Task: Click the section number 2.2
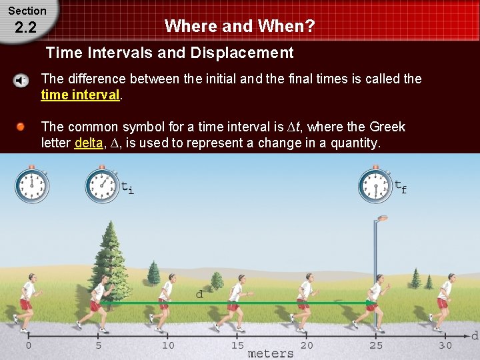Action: coord(25,27)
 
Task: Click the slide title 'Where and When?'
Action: coord(239,26)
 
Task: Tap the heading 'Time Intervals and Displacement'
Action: coord(169,53)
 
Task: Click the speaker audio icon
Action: coord(21,81)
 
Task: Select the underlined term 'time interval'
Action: coord(80,95)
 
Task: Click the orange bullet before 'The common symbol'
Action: coord(21,127)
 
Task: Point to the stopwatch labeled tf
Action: coord(375,185)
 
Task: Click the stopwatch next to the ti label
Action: coord(102,185)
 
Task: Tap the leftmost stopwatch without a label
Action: coord(31,185)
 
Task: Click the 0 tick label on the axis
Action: coord(28,345)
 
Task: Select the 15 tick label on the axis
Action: coord(237,345)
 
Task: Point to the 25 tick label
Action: coord(376,345)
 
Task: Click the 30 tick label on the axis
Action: coord(445,345)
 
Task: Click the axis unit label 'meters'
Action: coord(270,353)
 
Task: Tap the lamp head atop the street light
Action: coord(382,219)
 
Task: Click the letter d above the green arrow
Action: coord(199,294)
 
